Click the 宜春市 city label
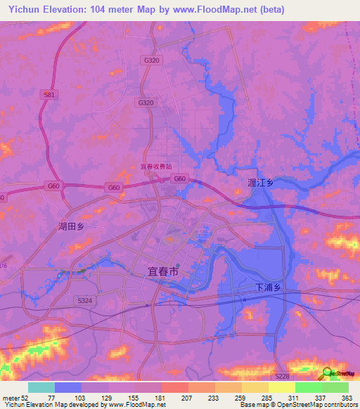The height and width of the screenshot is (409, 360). point(163,271)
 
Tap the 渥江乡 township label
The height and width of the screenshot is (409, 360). point(261,183)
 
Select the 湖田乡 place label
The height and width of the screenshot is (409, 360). point(71,226)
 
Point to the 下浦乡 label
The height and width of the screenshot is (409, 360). point(268,287)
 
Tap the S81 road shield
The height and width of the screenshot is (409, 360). point(48,93)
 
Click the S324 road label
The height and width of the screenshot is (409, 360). point(84,300)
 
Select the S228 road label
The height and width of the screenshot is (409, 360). point(282,377)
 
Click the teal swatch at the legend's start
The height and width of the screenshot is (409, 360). point(41,387)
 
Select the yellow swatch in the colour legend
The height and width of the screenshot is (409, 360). point(282,387)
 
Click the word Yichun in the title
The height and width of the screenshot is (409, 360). point(23,9)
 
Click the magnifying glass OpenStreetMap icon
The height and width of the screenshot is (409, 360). point(328,373)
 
